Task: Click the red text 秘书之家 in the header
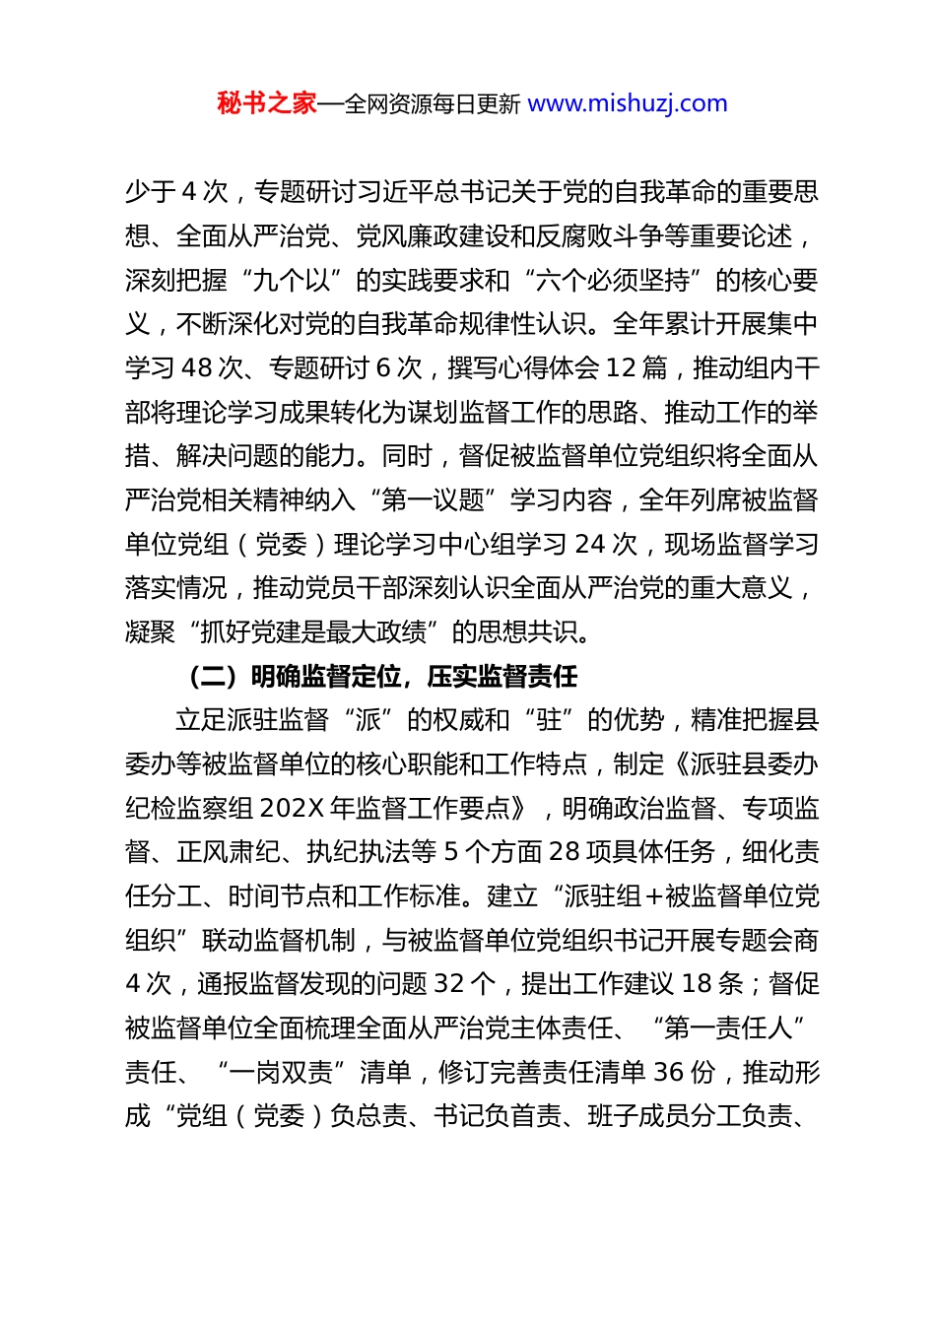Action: pos(266,103)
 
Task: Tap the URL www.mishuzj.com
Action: pos(628,103)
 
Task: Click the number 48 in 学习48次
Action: pos(197,367)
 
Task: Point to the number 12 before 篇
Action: pos(621,367)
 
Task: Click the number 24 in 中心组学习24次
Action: pos(590,544)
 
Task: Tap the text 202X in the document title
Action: pos(292,808)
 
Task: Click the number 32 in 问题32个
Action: pos(449,984)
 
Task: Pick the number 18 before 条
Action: pos(697,984)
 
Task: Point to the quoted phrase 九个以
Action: pos(292,280)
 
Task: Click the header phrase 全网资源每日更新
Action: pos(432,103)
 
